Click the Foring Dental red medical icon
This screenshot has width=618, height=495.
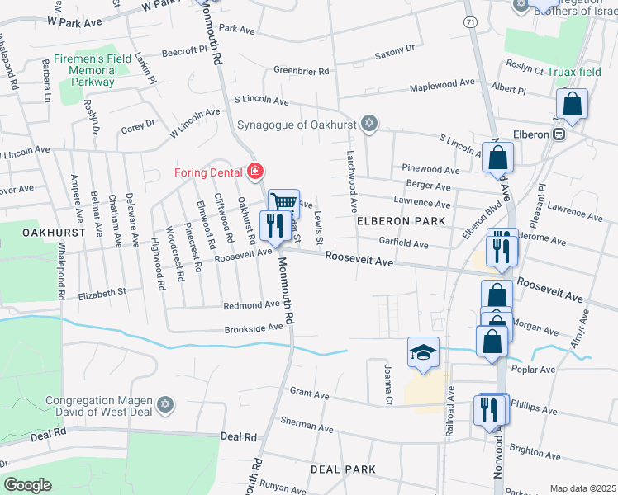click(256, 172)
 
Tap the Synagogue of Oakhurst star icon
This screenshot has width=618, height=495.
click(369, 125)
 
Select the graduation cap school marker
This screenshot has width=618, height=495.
click(423, 352)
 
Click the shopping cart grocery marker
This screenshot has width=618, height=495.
click(283, 202)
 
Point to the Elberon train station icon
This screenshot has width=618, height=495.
click(559, 134)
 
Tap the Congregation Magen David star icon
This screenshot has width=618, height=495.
click(165, 404)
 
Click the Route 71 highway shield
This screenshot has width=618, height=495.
click(470, 21)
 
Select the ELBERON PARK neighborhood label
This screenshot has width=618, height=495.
click(401, 221)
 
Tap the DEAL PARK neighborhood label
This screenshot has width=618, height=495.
click(344, 469)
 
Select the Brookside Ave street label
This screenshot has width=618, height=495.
click(254, 328)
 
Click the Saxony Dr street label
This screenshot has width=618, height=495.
click(394, 50)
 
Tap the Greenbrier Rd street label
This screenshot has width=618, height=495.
click(302, 71)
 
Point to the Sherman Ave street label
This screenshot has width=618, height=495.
click(307, 423)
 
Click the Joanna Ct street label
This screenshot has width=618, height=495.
click(387, 376)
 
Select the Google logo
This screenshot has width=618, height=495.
click(27, 485)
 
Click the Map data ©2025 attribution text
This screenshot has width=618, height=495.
click(582, 488)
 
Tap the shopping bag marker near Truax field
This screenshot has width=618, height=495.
click(572, 104)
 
